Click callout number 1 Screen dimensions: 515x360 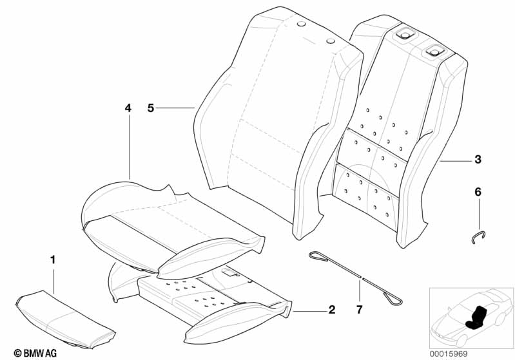(x=53, y=260)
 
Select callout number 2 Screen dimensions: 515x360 (x=332, y=310)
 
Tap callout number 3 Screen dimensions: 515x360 (x=478, y=160)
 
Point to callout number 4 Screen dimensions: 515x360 (x=128, y=108)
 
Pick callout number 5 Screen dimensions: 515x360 (x=150, y=108)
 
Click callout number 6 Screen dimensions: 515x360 (x=478, y=192)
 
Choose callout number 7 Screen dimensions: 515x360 (x=359, y=310)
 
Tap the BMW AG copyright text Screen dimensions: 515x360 (x=35, y=353)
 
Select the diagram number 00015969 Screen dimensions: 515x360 (x=449, y=354)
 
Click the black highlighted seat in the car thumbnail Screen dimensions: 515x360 (x=476, y=317)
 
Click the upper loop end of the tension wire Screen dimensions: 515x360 (x=318, y=256)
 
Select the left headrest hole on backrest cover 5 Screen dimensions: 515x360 (x=301, y=24)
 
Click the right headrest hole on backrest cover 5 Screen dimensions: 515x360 (x=331, y=41)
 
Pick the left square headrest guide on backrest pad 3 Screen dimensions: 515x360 (x=404, y=34)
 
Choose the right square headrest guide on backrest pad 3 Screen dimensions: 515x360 (x=434, y=51)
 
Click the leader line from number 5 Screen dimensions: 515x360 (x=175, y=108)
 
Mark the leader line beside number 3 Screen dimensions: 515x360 (x=455, y=160)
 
